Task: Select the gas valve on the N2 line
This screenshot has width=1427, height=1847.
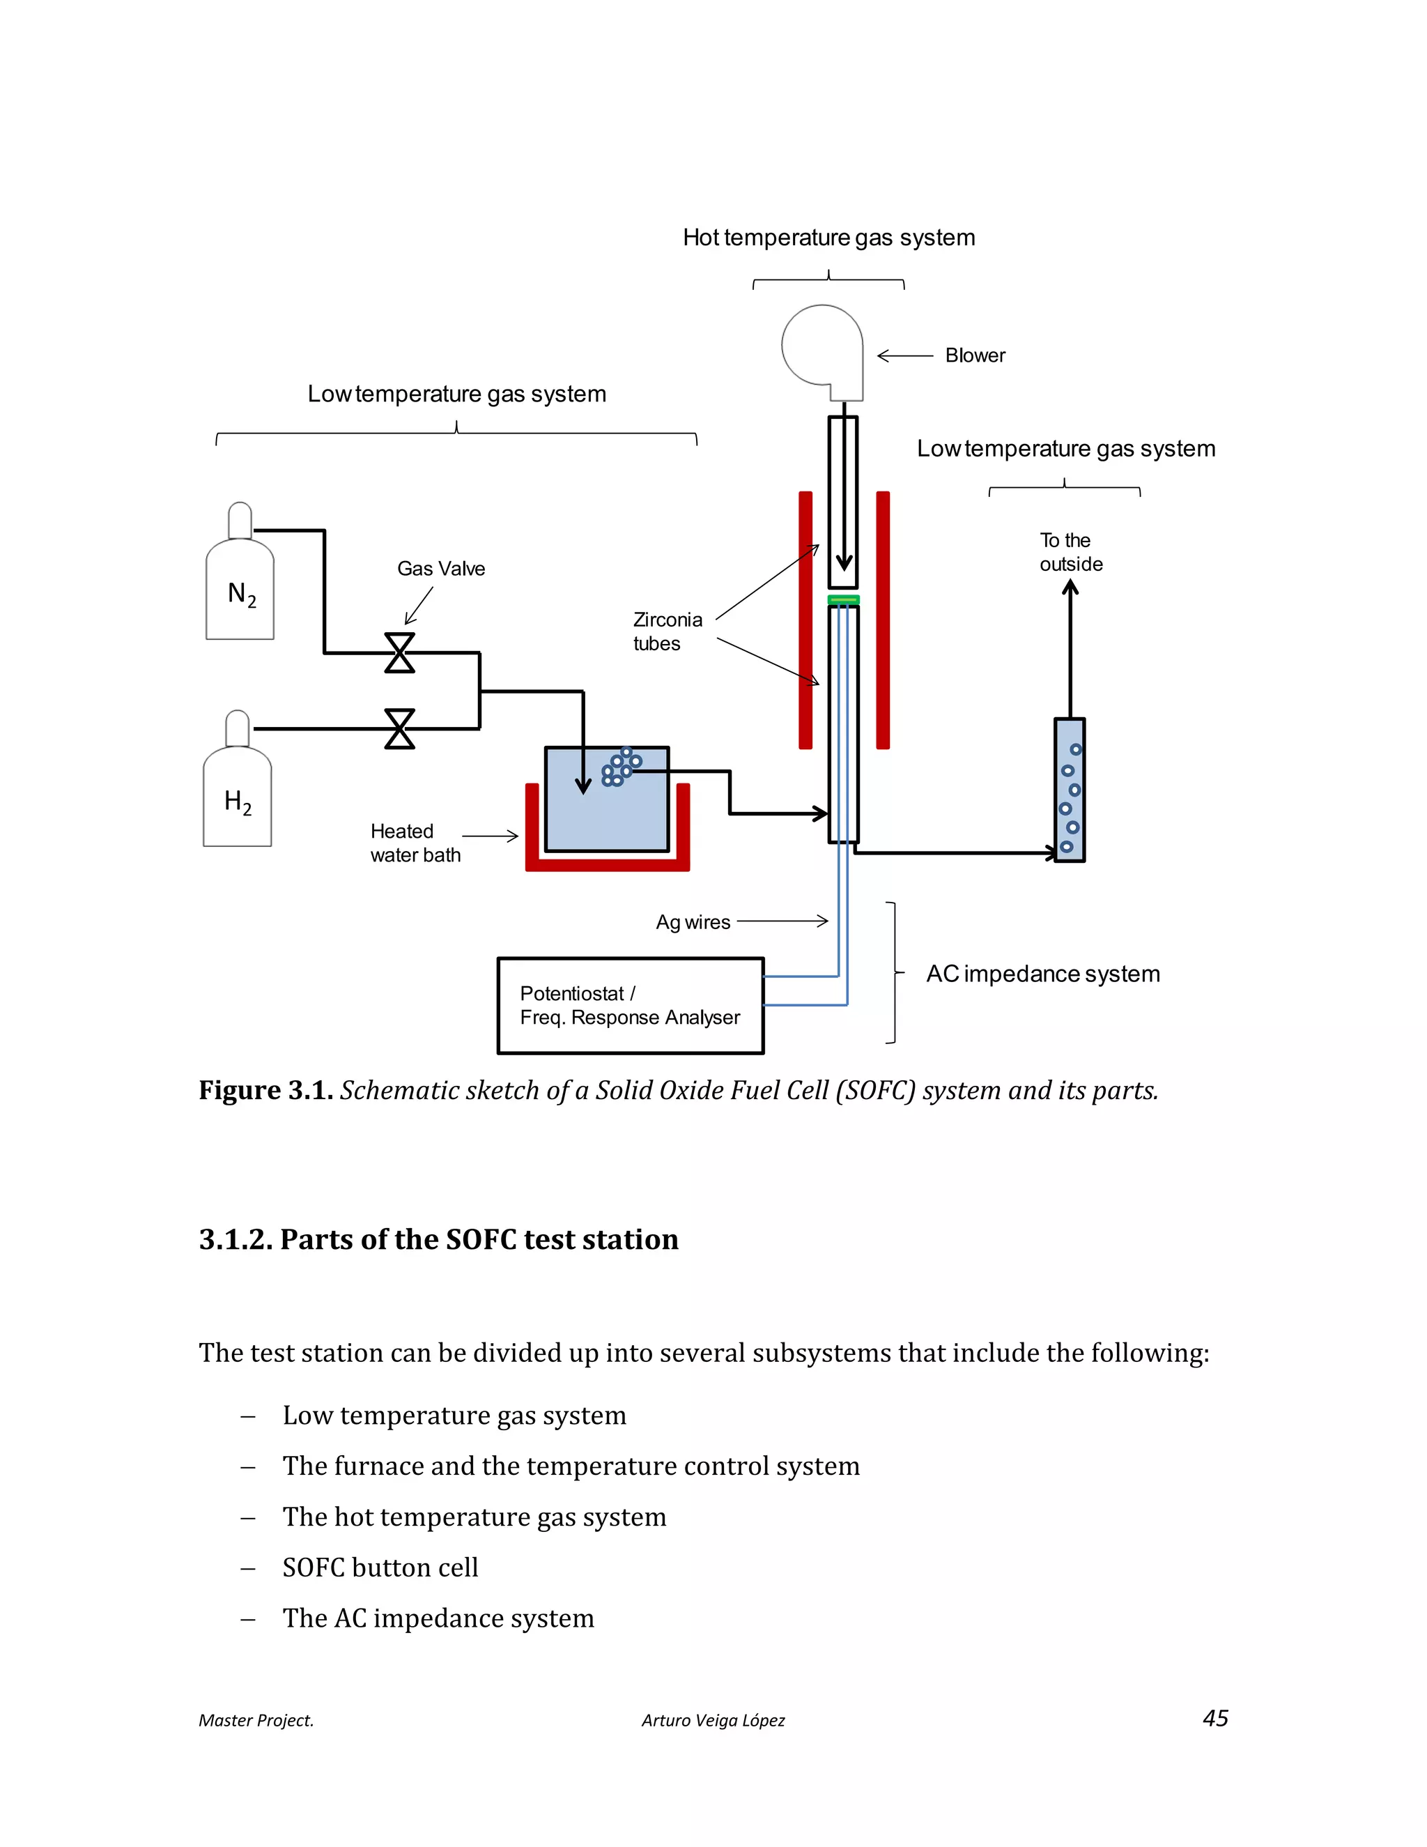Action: pyautogui.click(x=400, y=653)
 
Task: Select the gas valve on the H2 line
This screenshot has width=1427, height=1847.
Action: pyautogui.click(x=400, y=728)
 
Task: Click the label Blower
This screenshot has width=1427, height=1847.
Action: pyautogui.click(x=975, y=355)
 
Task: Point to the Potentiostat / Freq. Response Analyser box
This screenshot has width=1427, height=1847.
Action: pyautogui.click(x=630, y=1006)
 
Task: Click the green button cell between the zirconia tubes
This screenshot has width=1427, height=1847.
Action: pyautogui.click(x=843, y=599)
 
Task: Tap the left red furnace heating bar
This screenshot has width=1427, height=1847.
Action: pyautogui.click(x=805, y=620)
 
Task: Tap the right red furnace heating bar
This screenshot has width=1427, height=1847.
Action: pyautogui.click(x=883, y=620)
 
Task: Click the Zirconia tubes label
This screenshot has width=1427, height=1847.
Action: pyautogui.click(x=667, y=631)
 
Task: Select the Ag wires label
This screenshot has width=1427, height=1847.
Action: pyautogui.click(x=693, y=922)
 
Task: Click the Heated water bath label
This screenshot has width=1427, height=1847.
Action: pyautogui.click(x=415, y=843)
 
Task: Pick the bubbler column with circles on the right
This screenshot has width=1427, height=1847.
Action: pyautogui.click(x=1070, y=790)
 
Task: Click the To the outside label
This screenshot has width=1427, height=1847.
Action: pyautogui.click(x=1070, y=552)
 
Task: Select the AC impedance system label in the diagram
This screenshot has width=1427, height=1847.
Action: pyautogui.click(x=1042, y=974)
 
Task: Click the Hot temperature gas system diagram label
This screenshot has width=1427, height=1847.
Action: pyautogui.click(x=828, y=238)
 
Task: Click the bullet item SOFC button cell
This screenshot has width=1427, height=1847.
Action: pyautogui.click(x=380, y=1567)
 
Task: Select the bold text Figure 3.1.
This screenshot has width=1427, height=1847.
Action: pyautogui.click(x=265, y=1090)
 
